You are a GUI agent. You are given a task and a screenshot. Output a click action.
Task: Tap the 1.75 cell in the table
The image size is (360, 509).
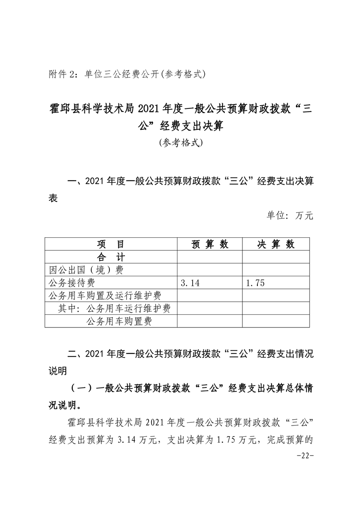(x=255, y=283)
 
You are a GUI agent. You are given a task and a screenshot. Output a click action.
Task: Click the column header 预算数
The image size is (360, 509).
(x=210, y=244)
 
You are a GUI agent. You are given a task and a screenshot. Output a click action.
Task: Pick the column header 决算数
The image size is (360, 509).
(x=276, y=244)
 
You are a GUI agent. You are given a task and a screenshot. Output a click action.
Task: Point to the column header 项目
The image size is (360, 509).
(x=111, y=244)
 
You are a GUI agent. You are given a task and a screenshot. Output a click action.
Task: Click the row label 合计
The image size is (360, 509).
(x=111, y=257)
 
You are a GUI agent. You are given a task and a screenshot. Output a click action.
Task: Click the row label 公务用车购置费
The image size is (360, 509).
(x=119, y=322)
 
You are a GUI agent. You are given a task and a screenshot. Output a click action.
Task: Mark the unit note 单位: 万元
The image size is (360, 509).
(x=290, y=216)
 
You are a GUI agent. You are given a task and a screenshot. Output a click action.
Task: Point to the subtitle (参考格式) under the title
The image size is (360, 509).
(x=180, y=143)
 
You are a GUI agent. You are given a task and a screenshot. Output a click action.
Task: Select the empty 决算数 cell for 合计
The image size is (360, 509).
(x=276, y=257)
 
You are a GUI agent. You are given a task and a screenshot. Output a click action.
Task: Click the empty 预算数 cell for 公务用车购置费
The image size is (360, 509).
(x=210, y=322)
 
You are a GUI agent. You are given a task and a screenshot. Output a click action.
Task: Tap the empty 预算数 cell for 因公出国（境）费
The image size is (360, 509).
(x=210, y=270)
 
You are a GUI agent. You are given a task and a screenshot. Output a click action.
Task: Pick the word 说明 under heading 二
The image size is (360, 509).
(x=58, y=371)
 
